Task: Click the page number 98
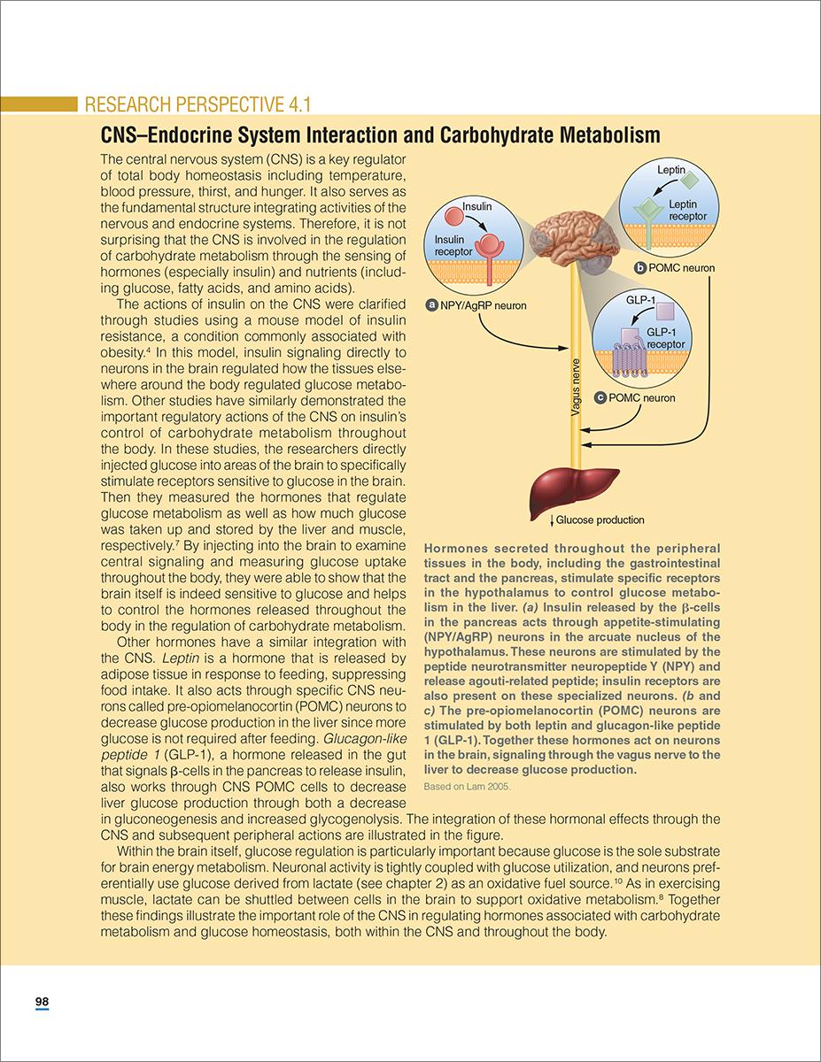point(42,1002)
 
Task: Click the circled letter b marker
point(640,267)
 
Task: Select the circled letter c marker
point(600,398)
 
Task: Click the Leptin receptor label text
point(688,211)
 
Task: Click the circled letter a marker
point(431,306)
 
